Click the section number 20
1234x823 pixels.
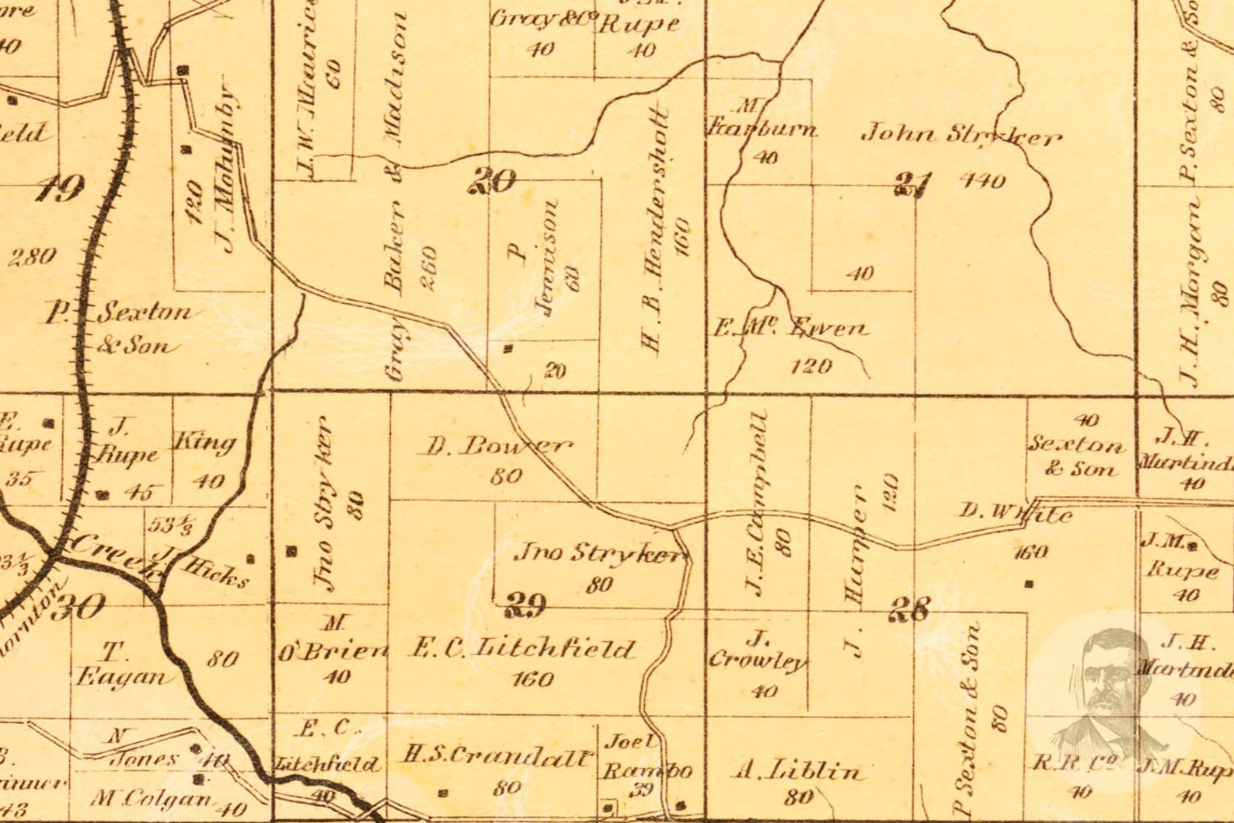[493, 181]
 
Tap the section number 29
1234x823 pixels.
[525, 604]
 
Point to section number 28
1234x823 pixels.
[908, 609]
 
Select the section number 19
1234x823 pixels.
[61, 187]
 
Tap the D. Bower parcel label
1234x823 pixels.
[497, 446]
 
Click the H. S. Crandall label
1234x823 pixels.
[497, 755]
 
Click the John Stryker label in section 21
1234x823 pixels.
[960, 135]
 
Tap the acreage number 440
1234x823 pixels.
[982, 180]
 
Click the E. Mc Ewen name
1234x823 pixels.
[790, 328]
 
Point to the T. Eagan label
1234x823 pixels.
[124, 665]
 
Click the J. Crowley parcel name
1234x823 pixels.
[757, 651]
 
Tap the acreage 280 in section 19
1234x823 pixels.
[32, 256]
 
